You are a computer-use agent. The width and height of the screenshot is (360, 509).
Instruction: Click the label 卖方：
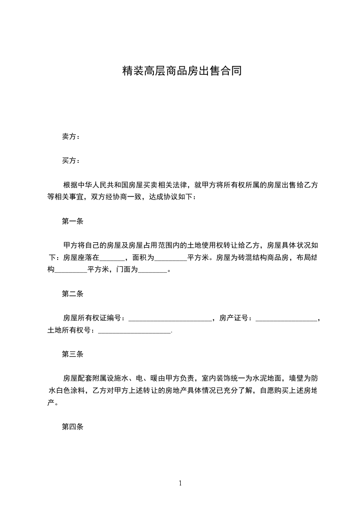click(x=71, y=137)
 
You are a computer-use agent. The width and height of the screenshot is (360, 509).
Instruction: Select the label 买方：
click(x=71, y=161)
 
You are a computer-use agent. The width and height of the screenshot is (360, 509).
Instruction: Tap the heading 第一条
click(x=73, y=221)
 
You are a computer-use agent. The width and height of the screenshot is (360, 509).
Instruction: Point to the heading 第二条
click(x=73, y=294)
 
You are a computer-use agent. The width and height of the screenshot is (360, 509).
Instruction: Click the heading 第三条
click(x=73, y=354)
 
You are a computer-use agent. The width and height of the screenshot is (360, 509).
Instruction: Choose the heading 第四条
click(x=73, y=427)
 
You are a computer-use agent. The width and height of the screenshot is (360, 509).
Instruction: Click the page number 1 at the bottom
click(x=180, y=483)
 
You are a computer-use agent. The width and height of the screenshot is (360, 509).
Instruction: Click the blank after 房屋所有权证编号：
click(x=170, y=318)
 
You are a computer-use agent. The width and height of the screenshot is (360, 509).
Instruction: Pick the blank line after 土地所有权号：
click(x=134, y=331)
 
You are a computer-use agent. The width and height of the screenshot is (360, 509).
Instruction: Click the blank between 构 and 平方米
click(x=71, y=270)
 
